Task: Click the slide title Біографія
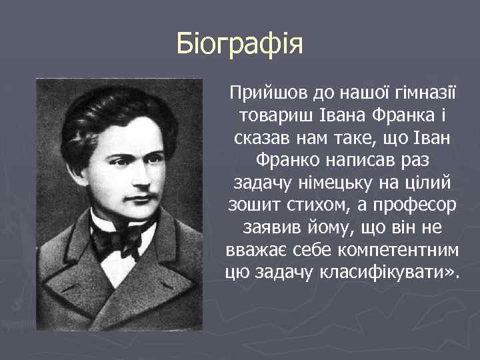pos(240,45)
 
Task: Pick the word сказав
pos(264,141)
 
